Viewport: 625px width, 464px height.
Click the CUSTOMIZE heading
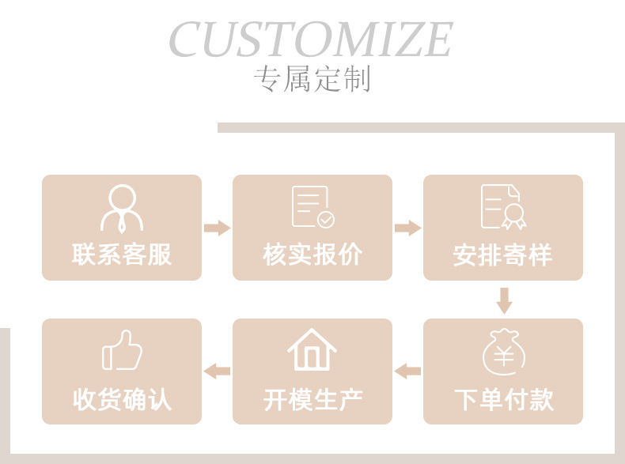[310, 40]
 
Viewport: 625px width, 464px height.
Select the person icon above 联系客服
[122, 208]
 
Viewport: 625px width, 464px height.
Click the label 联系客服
[122, 255]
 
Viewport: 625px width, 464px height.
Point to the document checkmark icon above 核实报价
[312, 208]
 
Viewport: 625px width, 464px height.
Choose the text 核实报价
[312, 255]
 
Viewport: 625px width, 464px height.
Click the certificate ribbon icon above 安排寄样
[504, 207]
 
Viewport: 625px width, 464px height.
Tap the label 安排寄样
[503, 255]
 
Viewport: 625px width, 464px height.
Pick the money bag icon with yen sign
[503, 353]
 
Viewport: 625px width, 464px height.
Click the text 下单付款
[503, 399]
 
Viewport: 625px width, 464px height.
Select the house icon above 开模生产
[312, 350]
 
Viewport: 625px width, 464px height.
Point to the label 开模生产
[312, 399]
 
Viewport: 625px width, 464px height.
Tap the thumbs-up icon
[122, 351]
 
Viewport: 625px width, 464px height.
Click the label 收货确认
[122, 399]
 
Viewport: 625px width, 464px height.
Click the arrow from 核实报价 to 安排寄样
[407, 228]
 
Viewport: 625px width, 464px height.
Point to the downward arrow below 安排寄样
[504, 300]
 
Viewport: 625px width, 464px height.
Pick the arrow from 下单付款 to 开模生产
[407, 371]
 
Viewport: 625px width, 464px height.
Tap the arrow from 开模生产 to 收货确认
[217, 371]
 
